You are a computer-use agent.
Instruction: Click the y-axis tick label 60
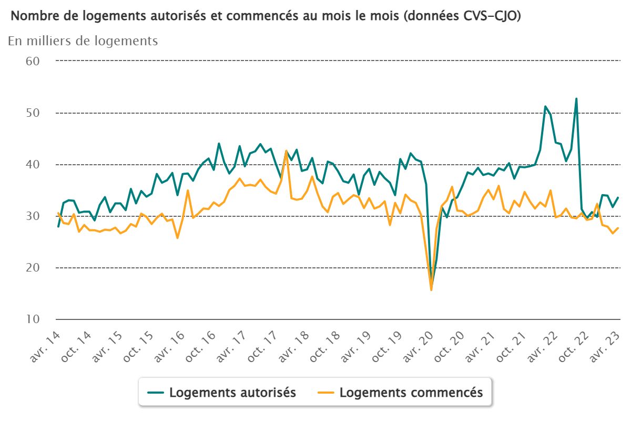[x=33, y=61]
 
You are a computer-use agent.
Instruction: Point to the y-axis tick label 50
[x=33, y=113]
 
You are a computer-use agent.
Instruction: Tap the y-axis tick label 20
[x=33, y=268]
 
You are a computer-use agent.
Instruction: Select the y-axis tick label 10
[x=33, y=319]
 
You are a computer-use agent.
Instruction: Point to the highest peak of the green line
[x=576, y=98]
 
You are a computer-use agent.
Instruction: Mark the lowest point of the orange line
[x=431, y=290]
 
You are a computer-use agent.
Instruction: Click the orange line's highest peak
[x=286, y=151]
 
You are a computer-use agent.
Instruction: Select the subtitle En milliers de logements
[x=83, y=41]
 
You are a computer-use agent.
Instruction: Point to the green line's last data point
[x=618, y=197]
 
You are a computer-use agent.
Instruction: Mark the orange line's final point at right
[x=618, y=228]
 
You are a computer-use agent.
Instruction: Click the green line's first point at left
[x=58, y=226]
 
